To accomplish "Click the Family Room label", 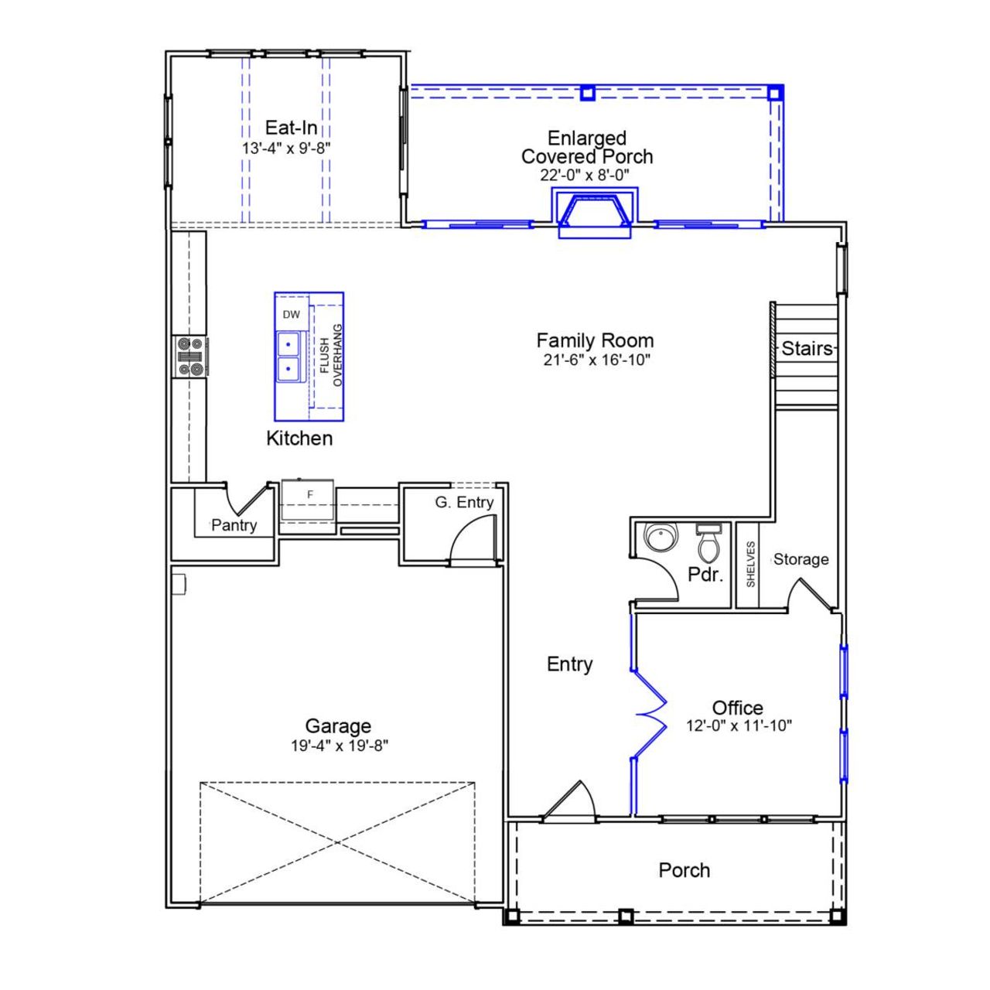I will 595,340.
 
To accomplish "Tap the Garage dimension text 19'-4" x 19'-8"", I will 338,746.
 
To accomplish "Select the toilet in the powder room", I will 708,544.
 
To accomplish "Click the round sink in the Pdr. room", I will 661,538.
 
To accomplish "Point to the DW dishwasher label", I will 291,315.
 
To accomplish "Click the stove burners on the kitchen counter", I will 190,357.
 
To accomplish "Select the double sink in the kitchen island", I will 288,355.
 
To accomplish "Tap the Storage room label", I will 801,559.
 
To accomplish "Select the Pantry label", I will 234,526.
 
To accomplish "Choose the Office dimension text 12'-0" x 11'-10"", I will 739,726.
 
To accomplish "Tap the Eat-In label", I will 291,128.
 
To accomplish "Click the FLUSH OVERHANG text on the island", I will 330,355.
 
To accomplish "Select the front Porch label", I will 684,870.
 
